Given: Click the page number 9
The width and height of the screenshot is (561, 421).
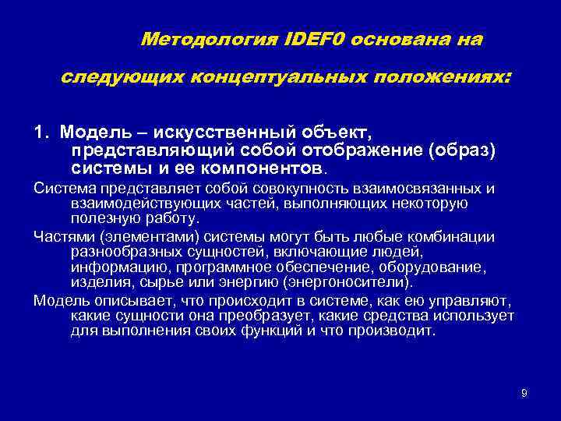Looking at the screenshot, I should (524, 393).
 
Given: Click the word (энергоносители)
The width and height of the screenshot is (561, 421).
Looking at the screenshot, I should (342, 281).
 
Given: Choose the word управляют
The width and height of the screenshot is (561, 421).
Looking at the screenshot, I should (467, 299).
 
